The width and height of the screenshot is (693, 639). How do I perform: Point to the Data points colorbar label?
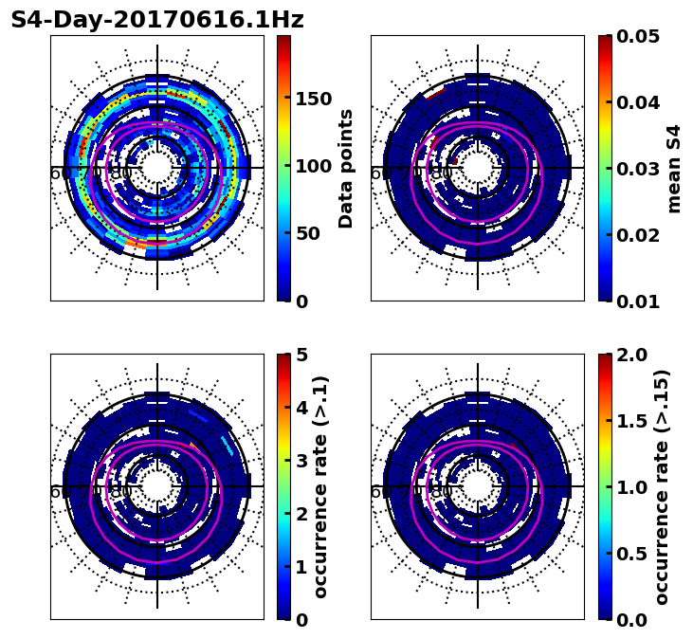346,169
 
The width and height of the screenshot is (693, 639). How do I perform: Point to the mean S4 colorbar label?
674,169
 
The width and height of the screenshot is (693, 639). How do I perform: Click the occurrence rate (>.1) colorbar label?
321,487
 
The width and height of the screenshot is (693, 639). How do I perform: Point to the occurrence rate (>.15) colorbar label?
663,487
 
